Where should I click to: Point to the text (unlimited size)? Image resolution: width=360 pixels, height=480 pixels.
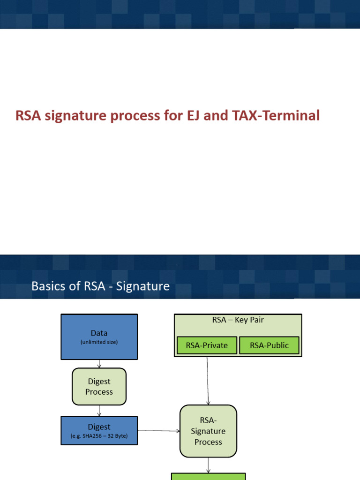99,342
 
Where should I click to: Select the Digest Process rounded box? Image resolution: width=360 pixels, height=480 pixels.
99,386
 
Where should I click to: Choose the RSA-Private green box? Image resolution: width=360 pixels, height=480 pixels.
206,345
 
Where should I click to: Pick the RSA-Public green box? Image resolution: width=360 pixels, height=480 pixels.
269,345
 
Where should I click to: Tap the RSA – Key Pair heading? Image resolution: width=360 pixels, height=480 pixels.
238,321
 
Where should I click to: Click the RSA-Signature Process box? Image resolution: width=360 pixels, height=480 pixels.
208,431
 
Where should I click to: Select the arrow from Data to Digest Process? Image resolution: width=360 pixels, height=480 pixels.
99,364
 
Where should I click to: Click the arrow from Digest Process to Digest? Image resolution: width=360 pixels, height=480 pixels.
99,411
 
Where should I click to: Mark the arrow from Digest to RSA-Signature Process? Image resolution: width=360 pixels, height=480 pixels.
158,431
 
